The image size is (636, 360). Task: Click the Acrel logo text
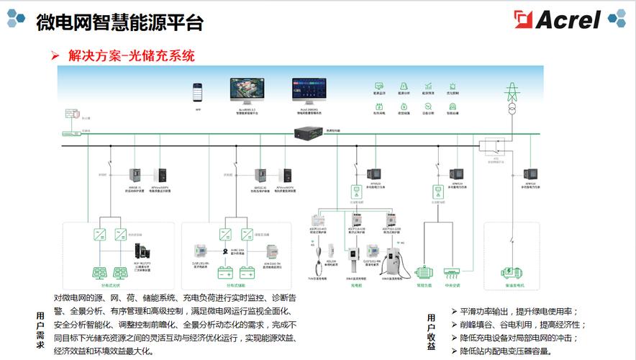pyautogui.click(x=567, y=19)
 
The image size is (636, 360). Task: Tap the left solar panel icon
pyautogui.click(x=99, y=272)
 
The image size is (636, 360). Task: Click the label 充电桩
pyautogui.click(x=355, y=284)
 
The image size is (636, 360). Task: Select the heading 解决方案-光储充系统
pyautogui.click(x=132, y=55)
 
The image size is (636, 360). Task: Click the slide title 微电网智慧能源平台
pyautogui.click(x=120, y=22)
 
